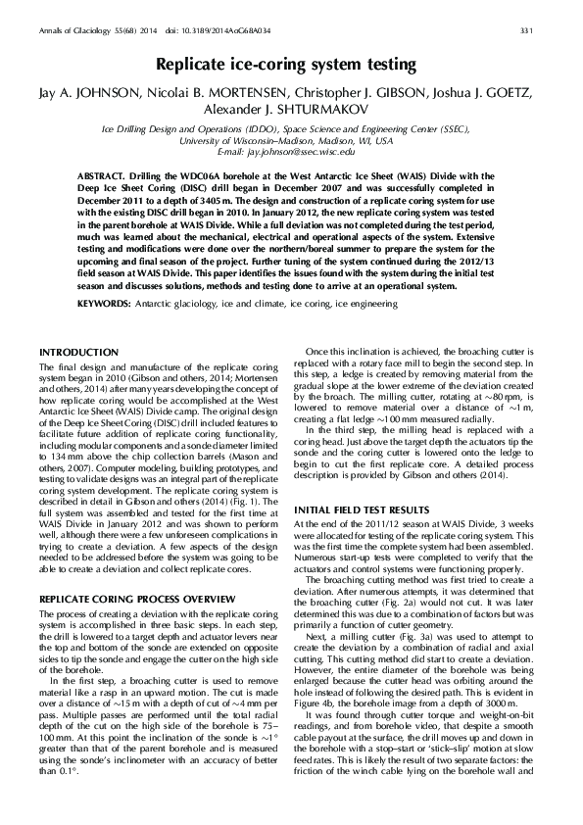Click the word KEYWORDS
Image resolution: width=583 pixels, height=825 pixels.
click(x=103, y=305)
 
